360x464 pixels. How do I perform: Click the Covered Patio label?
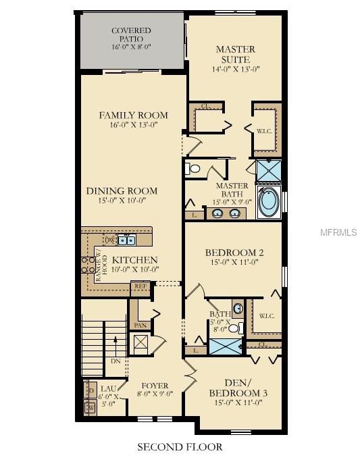click(131, 35)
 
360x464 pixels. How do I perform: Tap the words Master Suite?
click(235, 54)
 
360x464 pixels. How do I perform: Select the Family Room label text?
click(133, 115)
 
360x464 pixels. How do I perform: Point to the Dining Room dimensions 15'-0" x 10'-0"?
click(122, 201)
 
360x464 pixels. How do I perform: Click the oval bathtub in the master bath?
click(268, 201)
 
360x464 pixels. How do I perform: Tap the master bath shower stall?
click(269, 171)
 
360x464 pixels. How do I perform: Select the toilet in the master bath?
click(195, 169)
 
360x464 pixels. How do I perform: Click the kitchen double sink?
click(126, 240)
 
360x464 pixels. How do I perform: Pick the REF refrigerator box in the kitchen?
click(140, 286)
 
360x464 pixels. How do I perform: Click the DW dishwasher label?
click(109, 240)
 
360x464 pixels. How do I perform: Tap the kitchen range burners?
click(88, 264)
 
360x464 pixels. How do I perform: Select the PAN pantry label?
click(140, 325)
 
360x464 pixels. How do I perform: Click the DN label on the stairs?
click(115, 361)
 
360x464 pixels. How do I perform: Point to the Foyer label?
click(155, 386)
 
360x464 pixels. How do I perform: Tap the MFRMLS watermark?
click(338, 232)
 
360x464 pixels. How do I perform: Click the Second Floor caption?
click(180, 446)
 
